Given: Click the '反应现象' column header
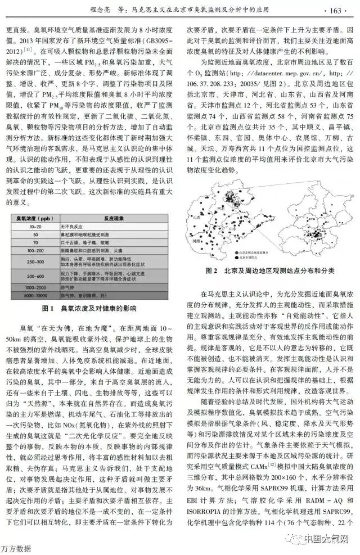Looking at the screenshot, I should [113, 216].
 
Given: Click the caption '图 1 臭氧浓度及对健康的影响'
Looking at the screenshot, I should [89, 308].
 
